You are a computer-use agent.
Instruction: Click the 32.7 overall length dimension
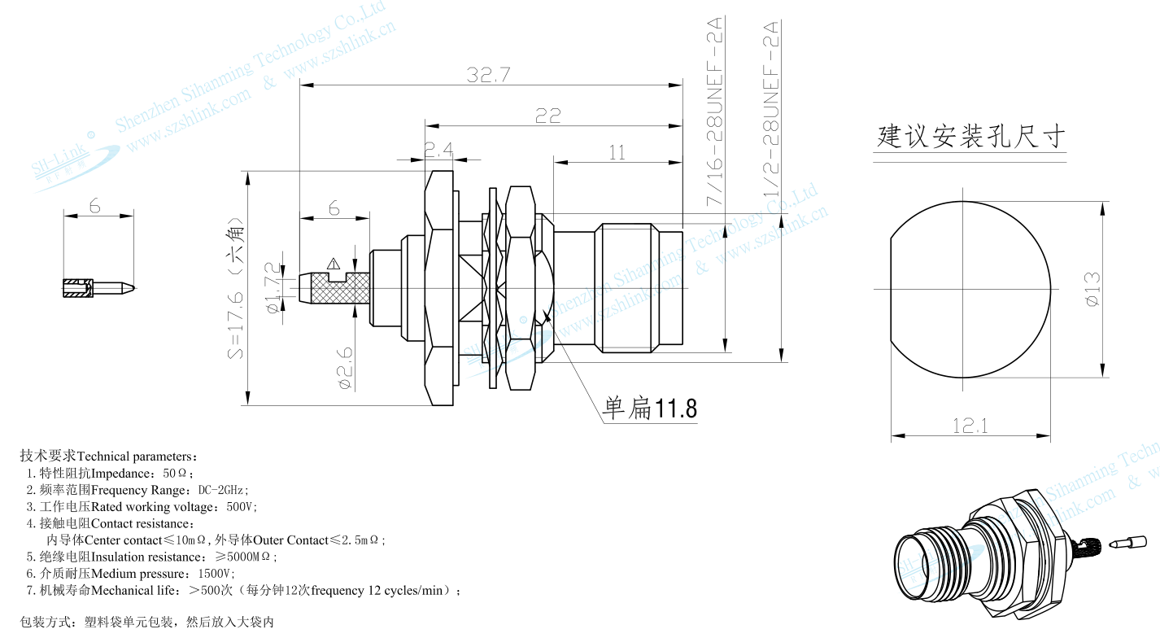click(488, 75)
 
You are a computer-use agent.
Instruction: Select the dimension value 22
click(548, 116)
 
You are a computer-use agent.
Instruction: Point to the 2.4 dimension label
click(439, 150)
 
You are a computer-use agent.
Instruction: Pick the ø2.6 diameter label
click(345, 368)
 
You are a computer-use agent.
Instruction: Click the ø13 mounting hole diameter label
click(1092, 289)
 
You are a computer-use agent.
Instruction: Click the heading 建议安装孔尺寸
click(970, 136)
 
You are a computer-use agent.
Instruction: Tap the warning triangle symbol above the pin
click(334, 263)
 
